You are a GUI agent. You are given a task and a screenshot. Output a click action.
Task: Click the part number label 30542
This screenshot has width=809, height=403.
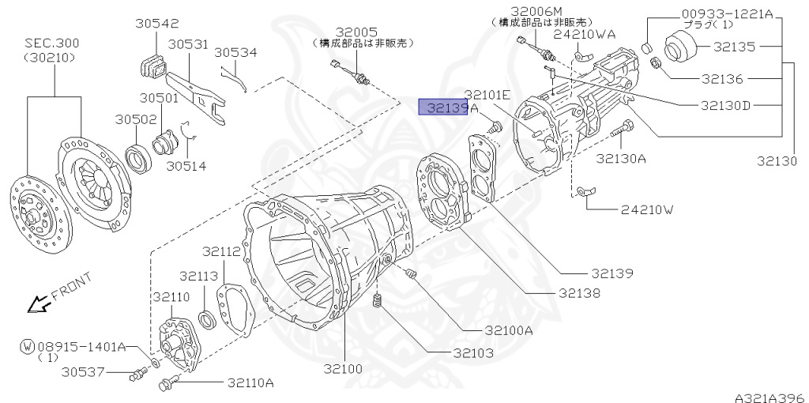tap(157, 23)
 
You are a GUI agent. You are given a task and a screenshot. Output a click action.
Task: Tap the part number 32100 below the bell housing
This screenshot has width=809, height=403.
tap(343, 369)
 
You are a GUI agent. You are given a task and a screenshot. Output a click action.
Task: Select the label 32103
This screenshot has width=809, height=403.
tap(474, 353)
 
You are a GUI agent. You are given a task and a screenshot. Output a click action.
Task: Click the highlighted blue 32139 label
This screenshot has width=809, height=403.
tap(443, 107)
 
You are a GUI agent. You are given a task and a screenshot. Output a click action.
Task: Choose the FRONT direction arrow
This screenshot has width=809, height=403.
tap(38, 306)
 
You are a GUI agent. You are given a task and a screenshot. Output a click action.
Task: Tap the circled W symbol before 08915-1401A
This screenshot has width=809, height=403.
tap(28, 346)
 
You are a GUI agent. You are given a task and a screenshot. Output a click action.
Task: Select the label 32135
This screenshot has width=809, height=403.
tap(735, 47)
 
